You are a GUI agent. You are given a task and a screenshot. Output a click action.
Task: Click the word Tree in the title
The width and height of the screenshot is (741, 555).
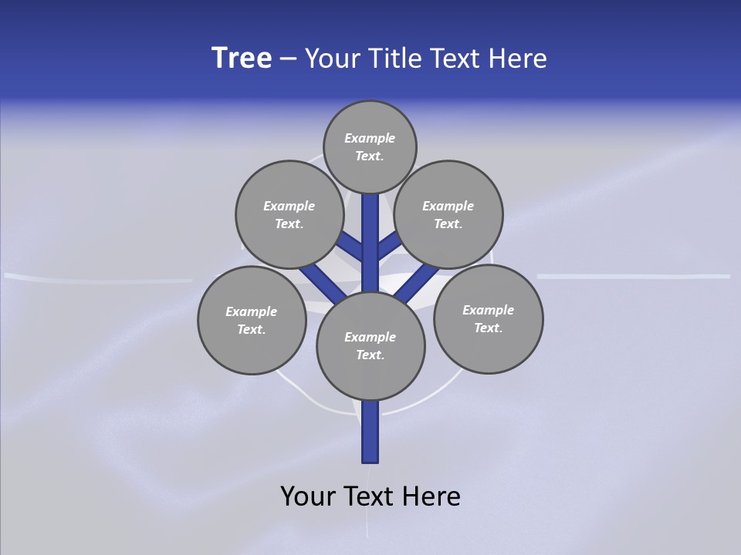click(x=242, y=59)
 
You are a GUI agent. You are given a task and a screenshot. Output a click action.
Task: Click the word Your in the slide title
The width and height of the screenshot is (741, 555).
click(x=332, y=59)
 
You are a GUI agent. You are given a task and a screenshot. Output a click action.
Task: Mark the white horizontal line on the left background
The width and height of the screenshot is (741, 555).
click(x=99, y=277)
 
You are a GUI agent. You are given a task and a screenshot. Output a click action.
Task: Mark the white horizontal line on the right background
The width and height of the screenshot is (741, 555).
click(x=633, y=275)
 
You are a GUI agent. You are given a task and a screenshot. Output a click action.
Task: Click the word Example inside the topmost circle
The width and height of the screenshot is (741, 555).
click(x=370, y=139)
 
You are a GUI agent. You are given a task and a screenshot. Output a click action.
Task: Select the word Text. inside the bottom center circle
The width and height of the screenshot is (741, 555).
click(x=370, y=355)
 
